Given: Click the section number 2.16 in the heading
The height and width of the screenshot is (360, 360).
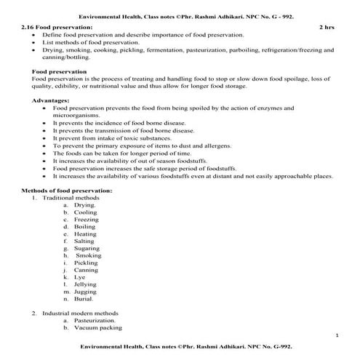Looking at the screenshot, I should click(x=28, y=27).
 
